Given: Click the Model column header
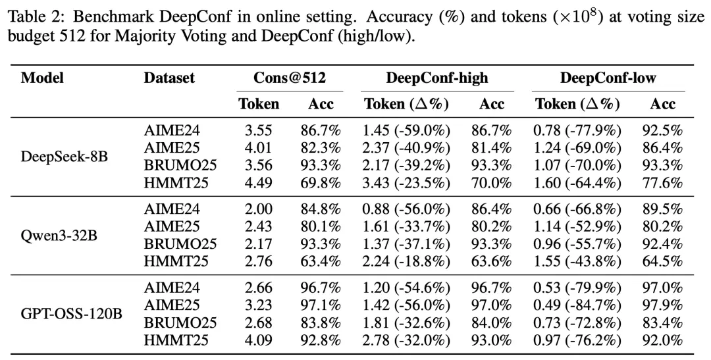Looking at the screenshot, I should (x=42, y=78).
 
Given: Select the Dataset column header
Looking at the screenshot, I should (x=169, y=78).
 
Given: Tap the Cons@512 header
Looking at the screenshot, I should (x=290, y=78).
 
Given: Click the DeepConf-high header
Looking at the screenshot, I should (x=437, y=78).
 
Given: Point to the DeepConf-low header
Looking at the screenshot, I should (x=608, y=78).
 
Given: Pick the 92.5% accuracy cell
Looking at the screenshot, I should (x=662, y=130).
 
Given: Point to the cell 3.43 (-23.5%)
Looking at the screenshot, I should (x=406, y=183).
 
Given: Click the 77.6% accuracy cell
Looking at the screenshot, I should (x=662, y=183).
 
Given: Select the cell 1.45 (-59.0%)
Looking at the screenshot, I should (x=406, y=130).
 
